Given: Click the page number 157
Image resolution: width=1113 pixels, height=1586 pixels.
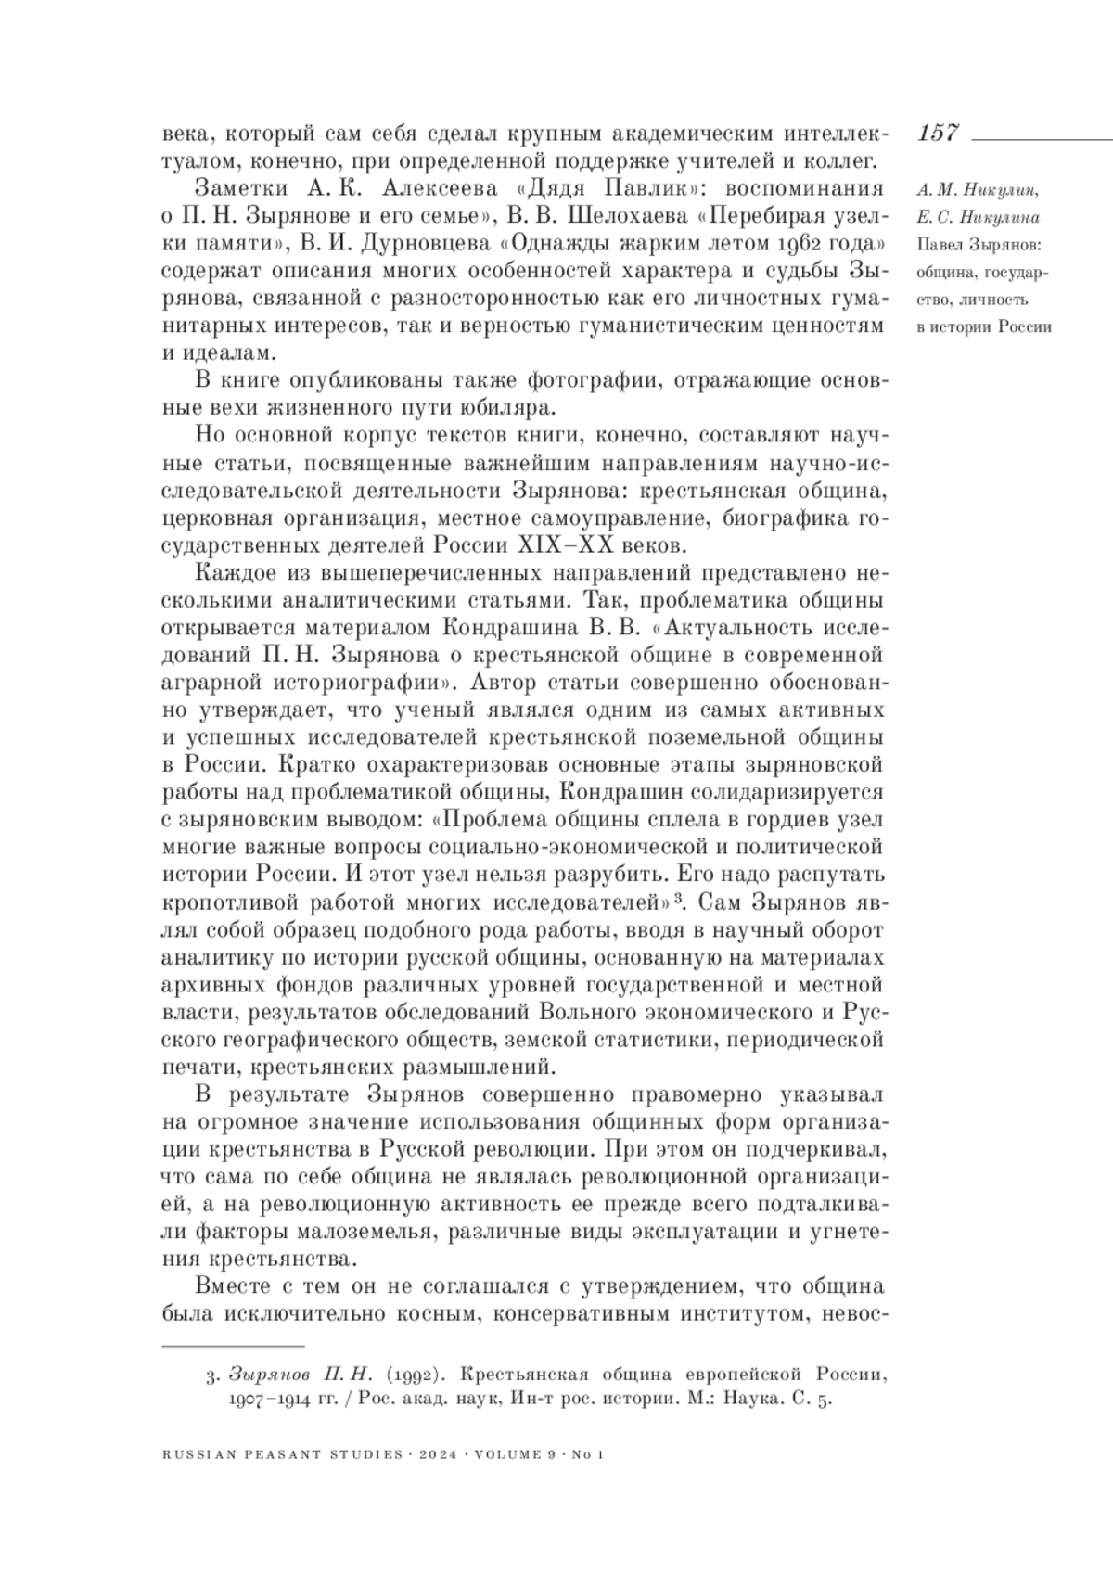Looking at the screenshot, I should (x=938, y=133).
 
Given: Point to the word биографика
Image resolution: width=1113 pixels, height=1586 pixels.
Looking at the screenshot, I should (x=785, y=516).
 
